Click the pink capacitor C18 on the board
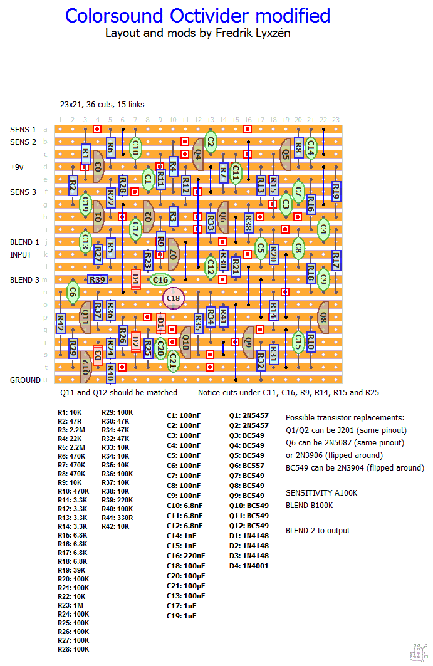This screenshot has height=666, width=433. (x=174, y=299)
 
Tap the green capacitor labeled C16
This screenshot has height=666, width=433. (x=160, y=279)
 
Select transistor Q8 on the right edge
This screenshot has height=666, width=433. (x=323, y=311)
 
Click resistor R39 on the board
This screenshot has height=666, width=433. (x=98, y=279)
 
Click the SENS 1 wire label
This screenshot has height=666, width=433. (x=23, y=129)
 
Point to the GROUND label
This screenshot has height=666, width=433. (x=25, y=380)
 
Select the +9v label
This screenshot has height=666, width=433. (x=17, y=167)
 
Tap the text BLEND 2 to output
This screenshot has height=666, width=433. (x=318, y=531)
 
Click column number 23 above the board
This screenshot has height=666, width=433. (x=336, y=120)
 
